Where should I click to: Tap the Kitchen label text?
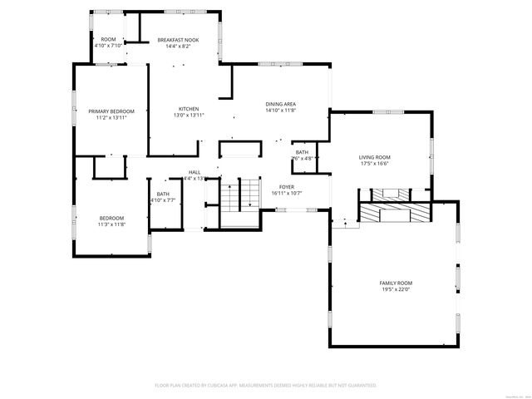(x=189, y=108)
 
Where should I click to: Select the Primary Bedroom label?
(x=111, y=111)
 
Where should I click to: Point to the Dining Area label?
(x=281, y=103)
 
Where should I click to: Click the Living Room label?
(x=375, y=157)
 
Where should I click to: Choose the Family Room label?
(x=397, y=283)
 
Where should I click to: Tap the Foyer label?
(x=287, y=186)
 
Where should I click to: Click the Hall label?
(x=195, y=172)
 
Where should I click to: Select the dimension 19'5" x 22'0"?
(x=397, y=289)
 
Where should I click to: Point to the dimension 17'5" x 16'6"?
(x=375, y=163)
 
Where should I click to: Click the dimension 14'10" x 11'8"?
(x=281, y=110)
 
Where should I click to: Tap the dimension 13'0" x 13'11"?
(x=189, y=115)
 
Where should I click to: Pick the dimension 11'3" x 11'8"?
(x=111, y=224)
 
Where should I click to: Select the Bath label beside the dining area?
(x=302, y=151)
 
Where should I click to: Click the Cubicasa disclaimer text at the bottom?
(x=266, y=385)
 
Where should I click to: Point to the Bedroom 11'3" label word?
(x=111, y=218)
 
